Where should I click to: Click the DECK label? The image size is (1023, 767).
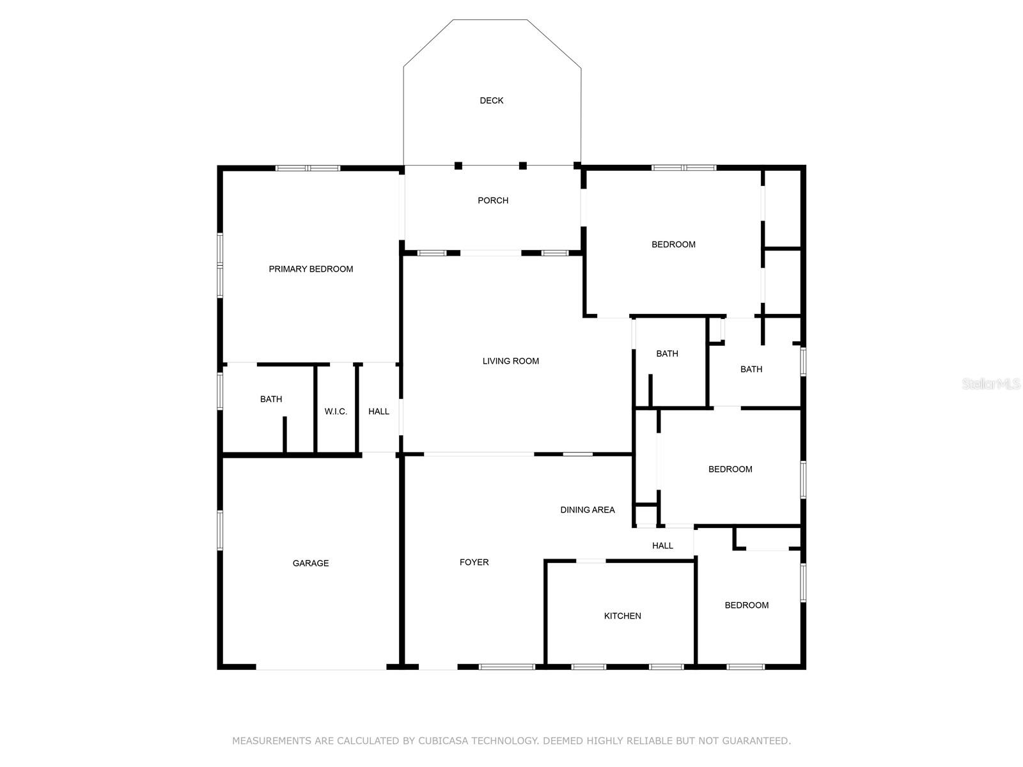click(491, 100)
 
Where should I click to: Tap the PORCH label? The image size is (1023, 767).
click(492, 201)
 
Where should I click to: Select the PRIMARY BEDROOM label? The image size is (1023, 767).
click(311, 269)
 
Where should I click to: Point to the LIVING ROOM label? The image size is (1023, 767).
click(510, 361)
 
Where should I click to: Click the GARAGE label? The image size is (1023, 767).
click(310, 563)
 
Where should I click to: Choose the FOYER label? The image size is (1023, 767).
click(474, 562)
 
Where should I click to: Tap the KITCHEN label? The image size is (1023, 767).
click(622, 616)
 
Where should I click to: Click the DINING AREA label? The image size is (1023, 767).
click(587, 509)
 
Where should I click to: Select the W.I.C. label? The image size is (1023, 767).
click(336, 412)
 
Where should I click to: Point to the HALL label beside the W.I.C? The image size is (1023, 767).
click(379, 412)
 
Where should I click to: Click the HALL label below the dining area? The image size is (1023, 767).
click(662, 545)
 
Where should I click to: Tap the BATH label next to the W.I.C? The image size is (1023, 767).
click(271, 399)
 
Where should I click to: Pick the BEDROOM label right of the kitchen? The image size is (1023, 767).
click(746, 605)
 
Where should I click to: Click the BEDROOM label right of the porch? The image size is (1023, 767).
click(673, 245)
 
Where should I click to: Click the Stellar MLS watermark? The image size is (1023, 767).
click(991, 383)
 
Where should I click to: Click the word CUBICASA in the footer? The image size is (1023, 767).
click(442, 740)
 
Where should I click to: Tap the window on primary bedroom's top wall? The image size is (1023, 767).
click(308, 168)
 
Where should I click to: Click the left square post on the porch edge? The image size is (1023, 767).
click(458, 166)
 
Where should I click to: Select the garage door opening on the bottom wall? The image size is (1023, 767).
click(321, 667)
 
